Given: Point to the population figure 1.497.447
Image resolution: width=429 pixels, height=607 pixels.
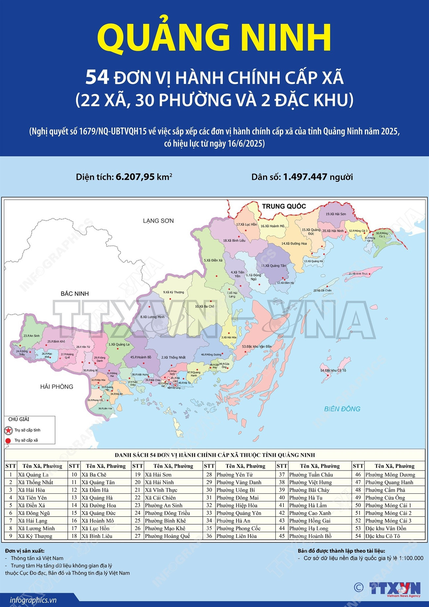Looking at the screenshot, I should tap(305, 177).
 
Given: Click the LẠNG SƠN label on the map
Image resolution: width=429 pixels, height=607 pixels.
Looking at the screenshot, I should tap(158, 221).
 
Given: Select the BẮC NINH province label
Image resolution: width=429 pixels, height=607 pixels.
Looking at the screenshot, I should tap(75, 294).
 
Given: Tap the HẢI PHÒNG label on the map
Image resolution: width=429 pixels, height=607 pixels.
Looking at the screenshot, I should tap(57, 387).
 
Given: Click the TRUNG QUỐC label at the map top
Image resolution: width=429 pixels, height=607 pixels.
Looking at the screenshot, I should tap(284, 206).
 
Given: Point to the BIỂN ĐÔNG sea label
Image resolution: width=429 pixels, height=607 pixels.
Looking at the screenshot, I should tap(342, 409).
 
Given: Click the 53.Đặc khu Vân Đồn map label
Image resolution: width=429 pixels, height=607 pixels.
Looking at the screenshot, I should tap(257, 347).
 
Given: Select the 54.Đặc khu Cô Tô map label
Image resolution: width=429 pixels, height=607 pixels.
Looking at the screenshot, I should tap(333, 370).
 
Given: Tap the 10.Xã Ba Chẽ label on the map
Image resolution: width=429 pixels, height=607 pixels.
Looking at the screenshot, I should tap(204, 306).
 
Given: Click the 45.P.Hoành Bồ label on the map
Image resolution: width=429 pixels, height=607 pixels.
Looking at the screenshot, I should tap(141, 357).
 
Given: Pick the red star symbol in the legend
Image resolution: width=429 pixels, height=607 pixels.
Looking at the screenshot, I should tap(8, 430).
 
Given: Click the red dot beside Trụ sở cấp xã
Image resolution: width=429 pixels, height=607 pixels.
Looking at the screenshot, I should tap(8, 440).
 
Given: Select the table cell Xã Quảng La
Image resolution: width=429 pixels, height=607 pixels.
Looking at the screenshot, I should tap(33, 475).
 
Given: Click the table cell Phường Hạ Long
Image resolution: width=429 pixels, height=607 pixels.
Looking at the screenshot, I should tap(309, 528).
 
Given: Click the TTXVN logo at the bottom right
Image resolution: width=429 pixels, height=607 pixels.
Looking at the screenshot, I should tap(395, 588).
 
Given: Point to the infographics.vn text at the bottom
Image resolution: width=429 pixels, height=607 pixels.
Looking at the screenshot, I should tap(33, 600).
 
